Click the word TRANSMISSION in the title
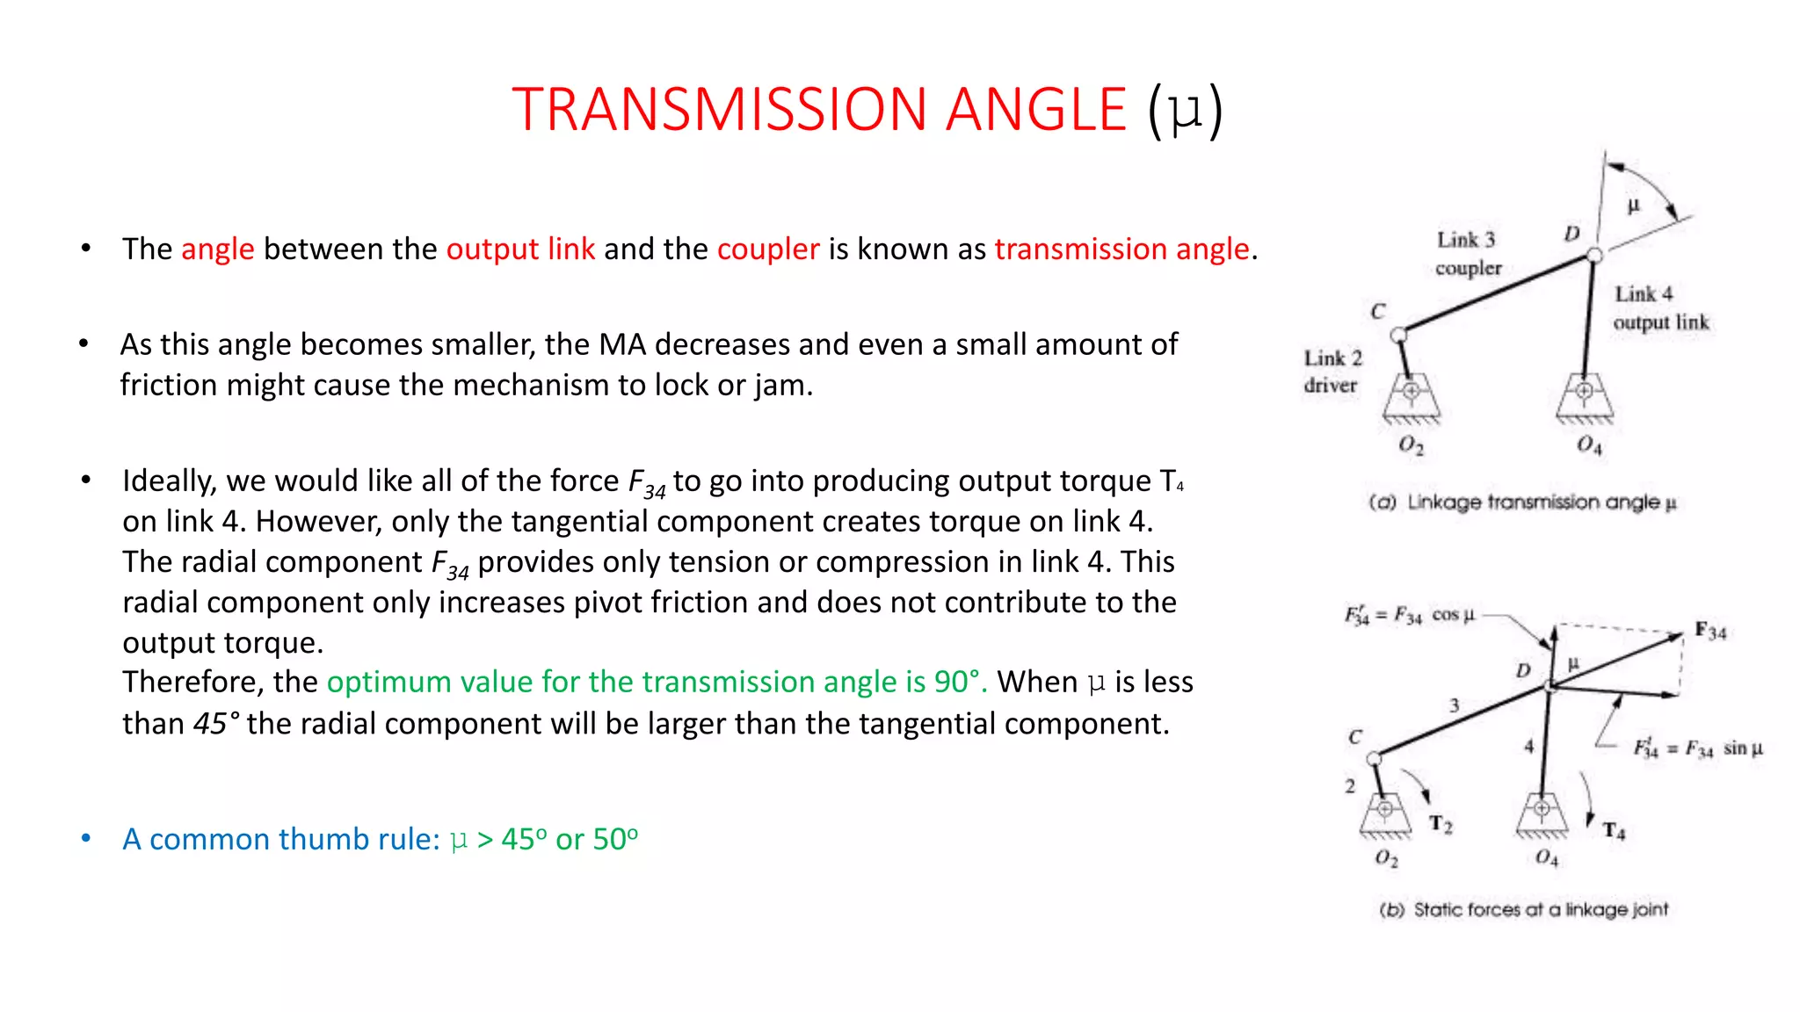click(x=719, y=110)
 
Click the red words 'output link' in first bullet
click(x=520, y=249)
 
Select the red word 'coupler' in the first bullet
click(x=768, y=249)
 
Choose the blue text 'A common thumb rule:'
click(x=280, y=839)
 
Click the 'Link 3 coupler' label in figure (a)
click(x=1468, y=253)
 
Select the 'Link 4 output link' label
click(x=1660, y=307)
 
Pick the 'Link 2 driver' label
click(x=1332, y=371)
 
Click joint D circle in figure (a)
click(x=1594, y=256)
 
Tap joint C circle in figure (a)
click(x=1398, y=335)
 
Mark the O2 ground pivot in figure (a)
click(x=1411, y=391)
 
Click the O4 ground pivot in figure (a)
click(x=1584, y=391)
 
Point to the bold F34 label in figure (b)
click(x=1710, y=631)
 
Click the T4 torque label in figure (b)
click(x=1614, y=830)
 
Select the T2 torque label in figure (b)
click(x=1441, y=823)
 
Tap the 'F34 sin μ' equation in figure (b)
click(x=1697, y=748)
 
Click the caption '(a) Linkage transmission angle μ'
click(x=1522, y=502)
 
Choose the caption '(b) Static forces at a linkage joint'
click(x=1523, y=910)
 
